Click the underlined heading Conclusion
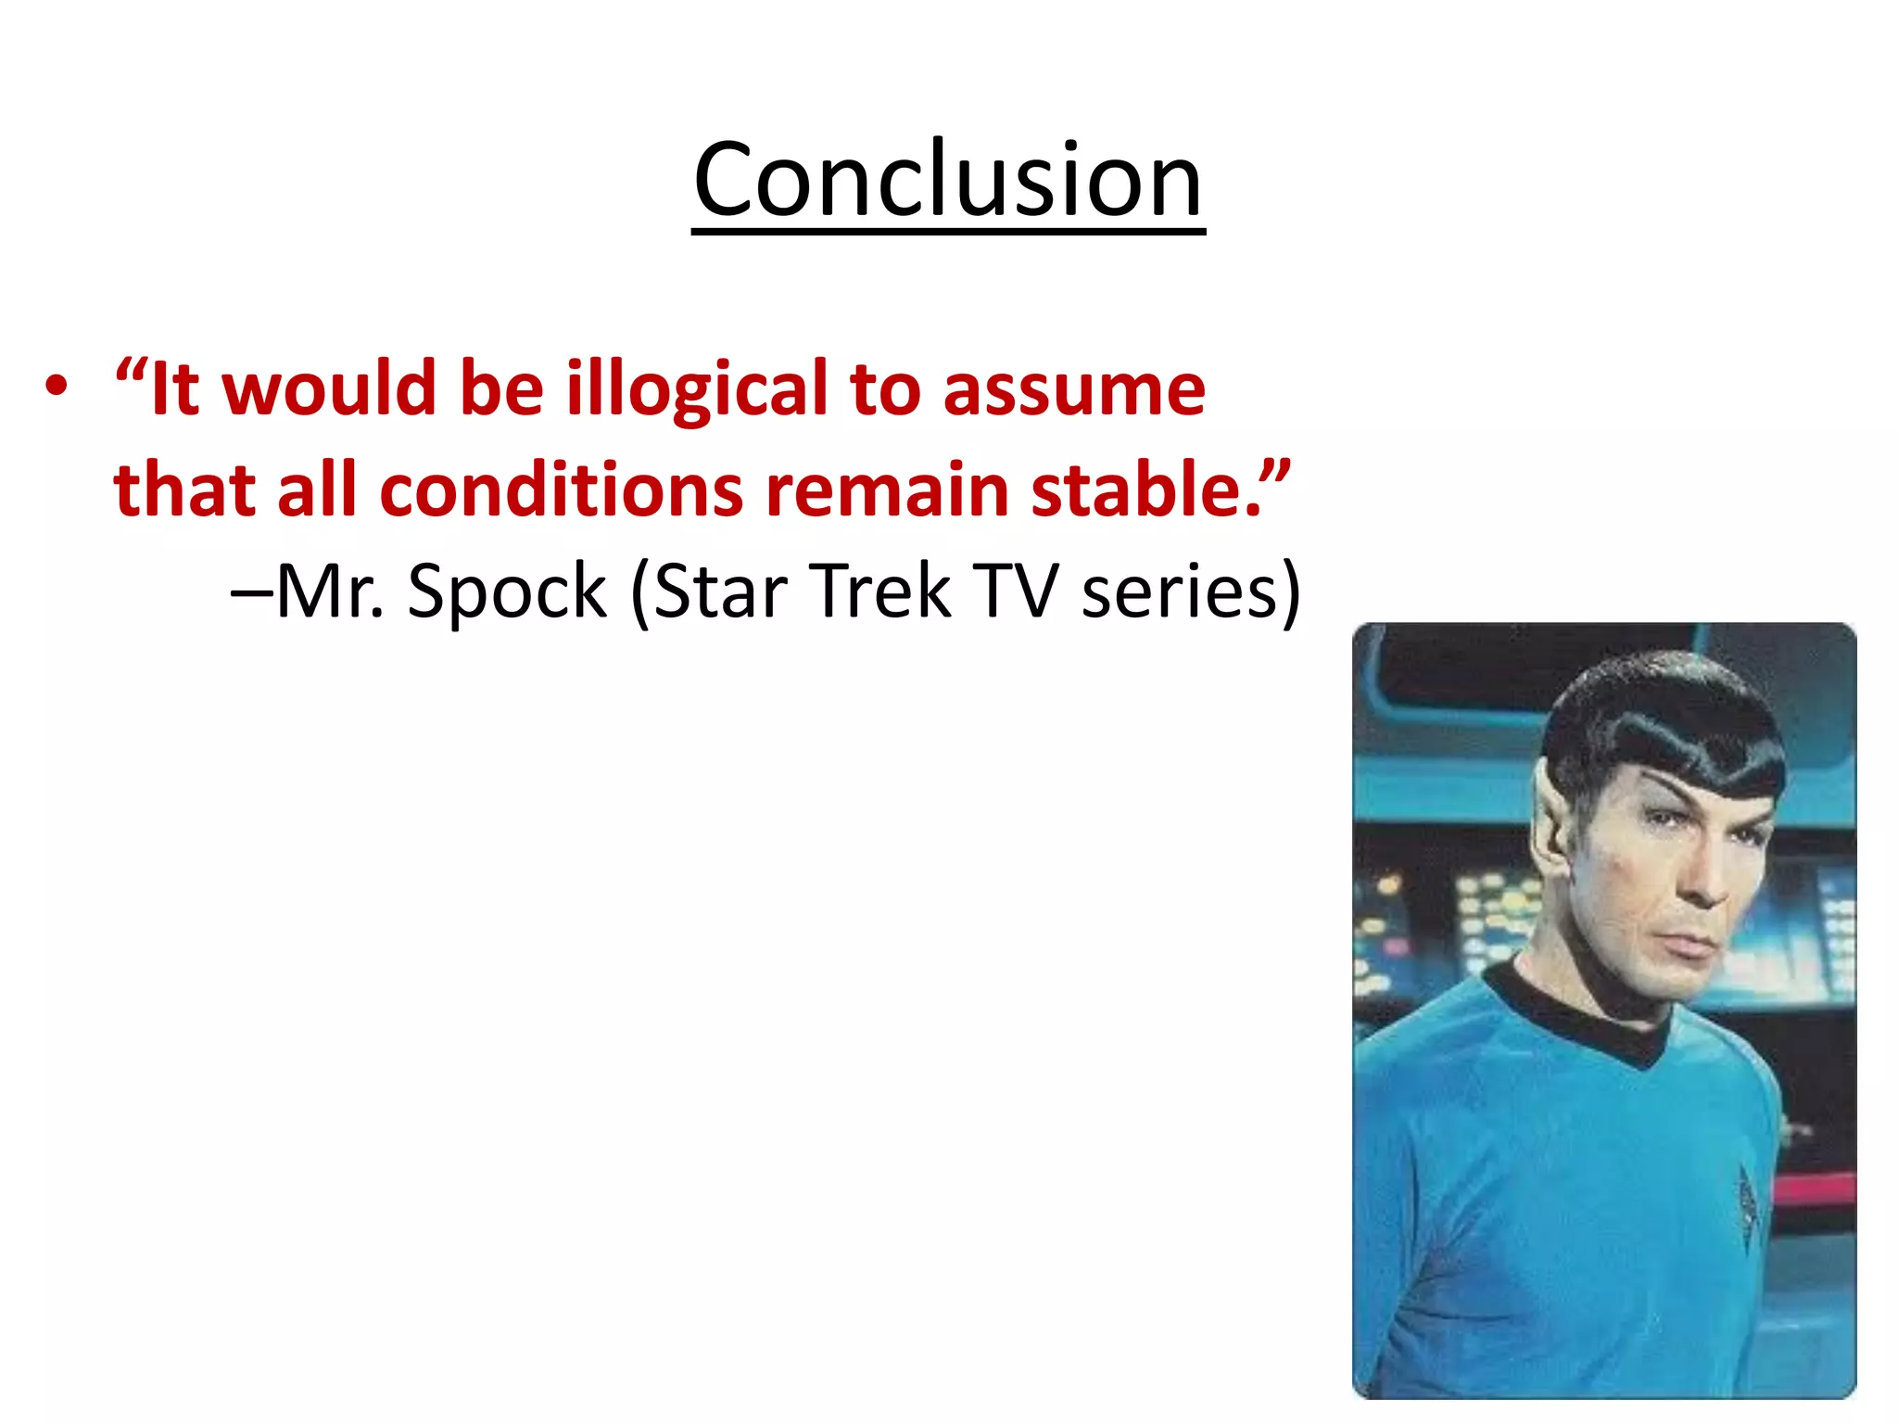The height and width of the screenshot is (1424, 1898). [948, 181]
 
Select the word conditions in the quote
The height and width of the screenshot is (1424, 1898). [562, 490]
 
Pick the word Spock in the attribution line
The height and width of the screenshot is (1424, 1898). [507, 591]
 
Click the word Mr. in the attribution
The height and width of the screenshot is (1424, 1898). [330, 591]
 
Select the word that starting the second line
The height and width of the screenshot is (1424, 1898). [183, 490]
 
